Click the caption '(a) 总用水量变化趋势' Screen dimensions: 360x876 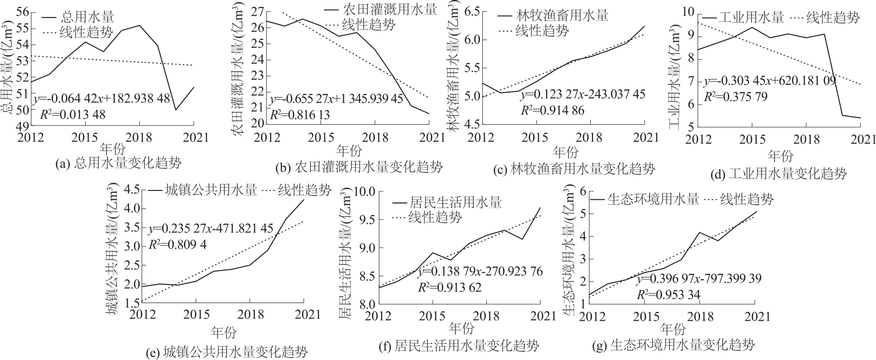[x=118, y=163]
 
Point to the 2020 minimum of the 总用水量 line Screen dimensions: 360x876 [x=176, y=110]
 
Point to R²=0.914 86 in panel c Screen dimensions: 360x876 [x=553, y=110]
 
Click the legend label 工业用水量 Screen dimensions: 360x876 [x=750, y=18]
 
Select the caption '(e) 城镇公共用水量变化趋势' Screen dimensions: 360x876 [x=226, y=352]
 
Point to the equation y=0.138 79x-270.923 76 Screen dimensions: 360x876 [x=480, y=272]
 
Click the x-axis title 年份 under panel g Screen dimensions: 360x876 [x=673, y=329]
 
